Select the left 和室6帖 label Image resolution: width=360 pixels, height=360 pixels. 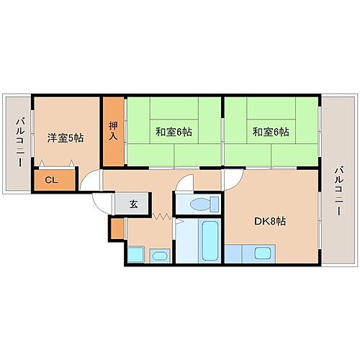pos(173,132)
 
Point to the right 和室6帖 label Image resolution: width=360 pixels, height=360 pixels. pos(270,132)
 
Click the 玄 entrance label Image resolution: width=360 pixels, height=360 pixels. pos(134,204)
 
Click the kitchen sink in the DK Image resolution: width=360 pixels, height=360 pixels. pos(262,254)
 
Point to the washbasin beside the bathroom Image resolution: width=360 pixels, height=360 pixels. pos(160,254)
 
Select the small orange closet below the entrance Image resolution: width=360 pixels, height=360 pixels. pos(117,229)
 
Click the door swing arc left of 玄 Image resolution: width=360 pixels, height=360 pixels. pos(89,184)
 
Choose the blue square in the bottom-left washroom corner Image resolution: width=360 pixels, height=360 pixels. pos(135,255)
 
